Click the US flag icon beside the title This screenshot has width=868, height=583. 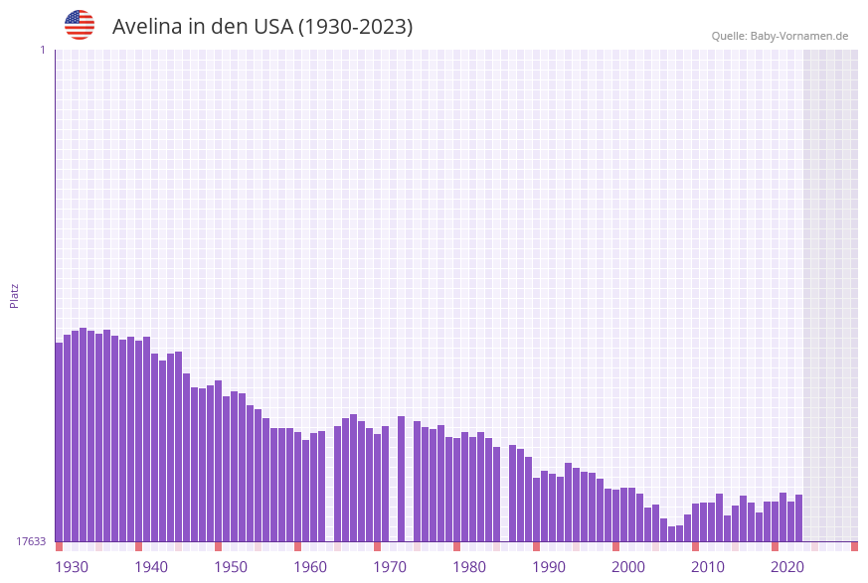coord(80,25)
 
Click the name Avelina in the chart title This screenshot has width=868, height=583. coord(149,27)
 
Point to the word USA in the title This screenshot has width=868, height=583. coord(272,27)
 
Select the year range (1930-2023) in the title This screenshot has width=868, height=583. coord(355,27)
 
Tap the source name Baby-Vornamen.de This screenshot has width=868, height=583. coord(798,36)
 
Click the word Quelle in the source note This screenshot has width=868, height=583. coord(729,36)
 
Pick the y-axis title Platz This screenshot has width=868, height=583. coord(15,295)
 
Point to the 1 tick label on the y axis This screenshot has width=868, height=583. coord(42,50)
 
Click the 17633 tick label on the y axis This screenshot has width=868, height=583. coord(31,541)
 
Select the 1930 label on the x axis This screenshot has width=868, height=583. coord(72,567)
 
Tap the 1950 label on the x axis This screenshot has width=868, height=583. coord(231,567)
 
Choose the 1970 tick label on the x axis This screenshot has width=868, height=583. coord(390,567)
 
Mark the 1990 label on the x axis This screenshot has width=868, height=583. coord(549,567)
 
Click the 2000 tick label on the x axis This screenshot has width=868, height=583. coord(628,567)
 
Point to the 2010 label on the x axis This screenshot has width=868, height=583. coord(708,567)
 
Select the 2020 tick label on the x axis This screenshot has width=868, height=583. coord(787,567)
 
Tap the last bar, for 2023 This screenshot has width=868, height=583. coord(798,517)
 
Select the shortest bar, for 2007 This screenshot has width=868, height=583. coord(671,534)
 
